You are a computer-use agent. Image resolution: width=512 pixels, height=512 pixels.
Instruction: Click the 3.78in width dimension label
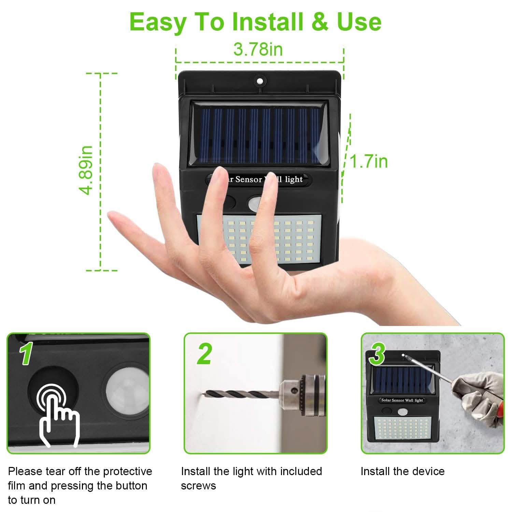point(258,49)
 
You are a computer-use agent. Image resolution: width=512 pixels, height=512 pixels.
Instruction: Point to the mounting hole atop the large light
point(260,81)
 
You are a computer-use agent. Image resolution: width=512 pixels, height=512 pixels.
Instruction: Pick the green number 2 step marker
point(204,354)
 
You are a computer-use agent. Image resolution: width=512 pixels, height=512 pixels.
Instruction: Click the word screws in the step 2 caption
point(198,486)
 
